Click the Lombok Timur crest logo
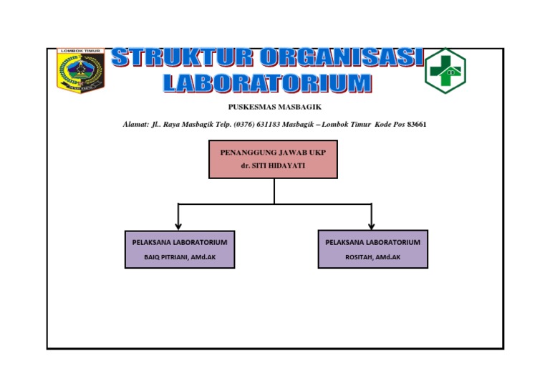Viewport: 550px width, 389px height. pyautogui.click(x=80, y=70)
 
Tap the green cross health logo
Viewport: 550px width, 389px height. pyautogui.click(x=445, y=70)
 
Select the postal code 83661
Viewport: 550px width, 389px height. pyautogui.click(x=417, y=125)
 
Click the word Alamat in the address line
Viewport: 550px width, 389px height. pyautogui.click(x=135, y=125)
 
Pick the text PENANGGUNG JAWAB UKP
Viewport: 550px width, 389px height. pyautogui.click(x=273, y=153)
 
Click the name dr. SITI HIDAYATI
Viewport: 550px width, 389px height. pyautogui.click(x=273, y=165)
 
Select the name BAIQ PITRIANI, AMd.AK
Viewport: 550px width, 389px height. pyautogui.click(x=180, y=256)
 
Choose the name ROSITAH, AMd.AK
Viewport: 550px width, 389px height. pyautogui.click(x=372, y=256)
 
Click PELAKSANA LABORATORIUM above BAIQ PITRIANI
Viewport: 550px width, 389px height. pyautogui.click(x=180, y=242)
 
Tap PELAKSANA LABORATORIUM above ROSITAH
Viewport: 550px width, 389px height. pyautogui.click(x=372, y=242)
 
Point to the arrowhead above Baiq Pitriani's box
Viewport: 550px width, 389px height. pyautogui.click(x=178, y=226)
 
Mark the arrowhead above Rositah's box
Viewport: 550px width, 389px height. pyautogui.click(x=371, y=226)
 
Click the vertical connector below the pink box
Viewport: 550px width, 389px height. pyautogui.click(x=274, y=191)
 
